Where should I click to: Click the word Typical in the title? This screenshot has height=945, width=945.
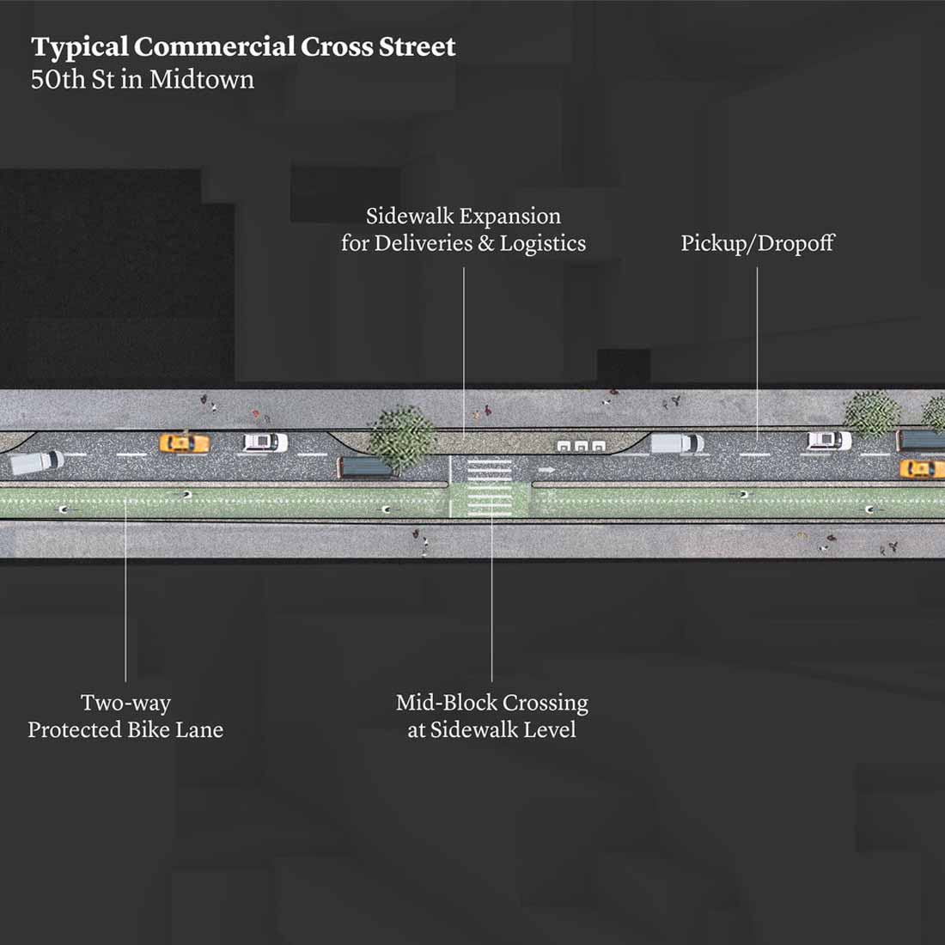coord(80,47)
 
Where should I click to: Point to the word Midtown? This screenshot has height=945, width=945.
coord(202,80)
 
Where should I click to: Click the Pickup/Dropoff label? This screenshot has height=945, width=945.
coord(757,243)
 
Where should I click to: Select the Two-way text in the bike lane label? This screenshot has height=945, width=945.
coord(125,703)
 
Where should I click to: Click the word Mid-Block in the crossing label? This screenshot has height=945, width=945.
coord(447,703)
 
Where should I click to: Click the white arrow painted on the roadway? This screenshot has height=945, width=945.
coord(546,470)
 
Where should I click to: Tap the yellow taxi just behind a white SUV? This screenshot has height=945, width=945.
coord(184,443)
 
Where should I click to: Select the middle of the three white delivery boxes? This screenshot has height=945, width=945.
coord(581,447)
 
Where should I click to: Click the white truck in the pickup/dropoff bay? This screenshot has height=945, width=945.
coord(677,443)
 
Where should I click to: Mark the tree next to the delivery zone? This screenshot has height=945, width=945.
coord(402,436)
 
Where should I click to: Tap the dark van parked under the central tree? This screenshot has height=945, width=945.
coord(367,468)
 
